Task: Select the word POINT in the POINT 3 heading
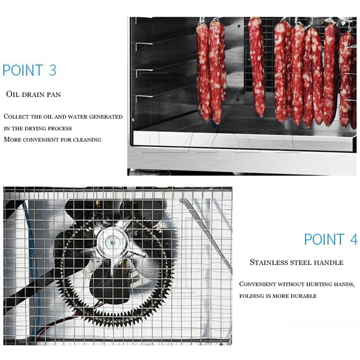click(x=22, y=71)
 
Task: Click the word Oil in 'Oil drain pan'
click(x=12, y=94)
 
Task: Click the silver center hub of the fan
click(x=111, y=243)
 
